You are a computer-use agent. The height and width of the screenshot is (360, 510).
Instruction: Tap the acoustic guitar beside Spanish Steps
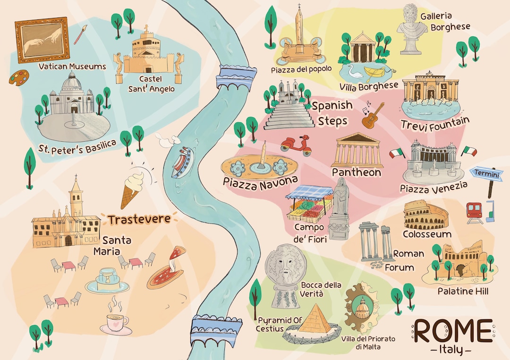pyautogui.click(x=373, y=116)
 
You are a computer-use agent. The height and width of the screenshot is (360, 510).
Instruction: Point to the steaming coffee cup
pyautogui.click(x=115, y=322)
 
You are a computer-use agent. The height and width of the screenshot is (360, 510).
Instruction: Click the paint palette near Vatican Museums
pyautogui.click(x=20, y=77)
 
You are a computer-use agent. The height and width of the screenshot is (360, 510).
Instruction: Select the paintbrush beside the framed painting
pyautogui.click(x=81, y=34)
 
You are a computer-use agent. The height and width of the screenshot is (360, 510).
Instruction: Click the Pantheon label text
pyautogui.click(x=356, y=172)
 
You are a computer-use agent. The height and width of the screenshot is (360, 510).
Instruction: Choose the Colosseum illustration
pyautogui.click(x=423, y=216)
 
